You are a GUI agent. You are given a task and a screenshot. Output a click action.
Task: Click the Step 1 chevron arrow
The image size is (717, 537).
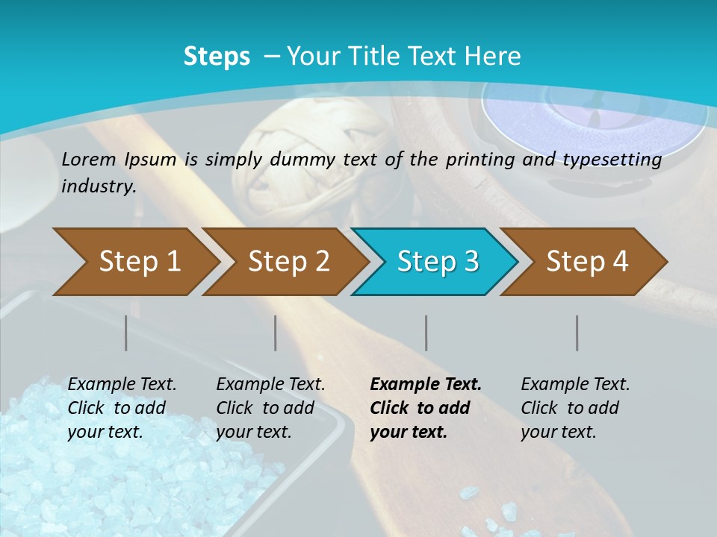point(139,262)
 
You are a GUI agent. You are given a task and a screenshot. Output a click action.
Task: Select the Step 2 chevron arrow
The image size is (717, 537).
point(288,262)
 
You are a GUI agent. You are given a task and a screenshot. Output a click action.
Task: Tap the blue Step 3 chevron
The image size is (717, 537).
point(438,262)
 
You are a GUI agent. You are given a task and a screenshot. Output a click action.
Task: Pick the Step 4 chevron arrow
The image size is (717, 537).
point(587,262)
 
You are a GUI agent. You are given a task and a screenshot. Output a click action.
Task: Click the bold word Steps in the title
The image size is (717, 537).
point(217,57)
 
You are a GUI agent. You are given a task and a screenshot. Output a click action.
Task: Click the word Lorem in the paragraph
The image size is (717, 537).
point(89,159)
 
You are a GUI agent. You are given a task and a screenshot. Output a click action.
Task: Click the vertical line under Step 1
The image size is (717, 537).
point(126,333)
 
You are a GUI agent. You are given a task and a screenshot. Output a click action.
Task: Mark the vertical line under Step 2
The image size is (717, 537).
point(276,333)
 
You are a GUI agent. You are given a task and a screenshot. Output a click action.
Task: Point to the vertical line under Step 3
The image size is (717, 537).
point(426,333)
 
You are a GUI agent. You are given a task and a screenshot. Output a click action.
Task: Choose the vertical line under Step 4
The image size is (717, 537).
point(577,333)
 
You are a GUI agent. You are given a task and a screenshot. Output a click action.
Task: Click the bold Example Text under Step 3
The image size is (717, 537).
point(426,385)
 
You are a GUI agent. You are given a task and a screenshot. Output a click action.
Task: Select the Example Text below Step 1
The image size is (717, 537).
point(122,385)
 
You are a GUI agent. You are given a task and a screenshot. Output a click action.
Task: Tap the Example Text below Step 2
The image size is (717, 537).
point(270,385)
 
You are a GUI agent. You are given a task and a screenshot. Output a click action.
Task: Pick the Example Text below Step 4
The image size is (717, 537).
point(575,385)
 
